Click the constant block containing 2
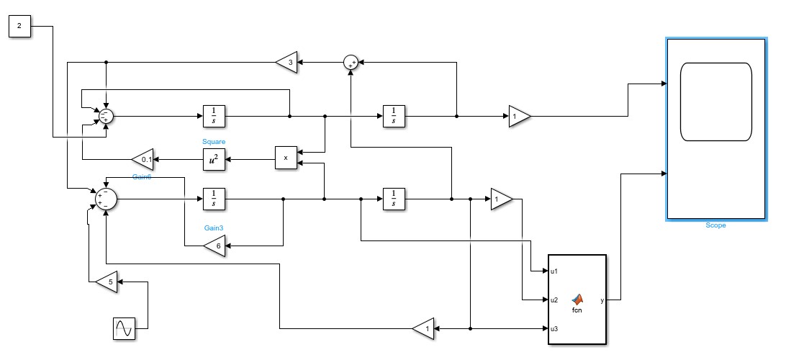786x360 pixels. point(19,27)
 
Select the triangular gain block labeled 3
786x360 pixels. point(287,63)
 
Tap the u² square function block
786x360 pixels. point(214,158)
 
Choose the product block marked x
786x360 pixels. point(286,158)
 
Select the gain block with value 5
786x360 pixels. point(108,282)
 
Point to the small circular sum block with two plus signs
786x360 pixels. point(351,63)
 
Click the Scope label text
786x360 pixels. point(715,225)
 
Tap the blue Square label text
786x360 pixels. point(214,142)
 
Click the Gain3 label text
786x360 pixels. point(214,228)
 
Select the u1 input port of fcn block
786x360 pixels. point(554,271)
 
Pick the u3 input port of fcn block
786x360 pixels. point(554,329)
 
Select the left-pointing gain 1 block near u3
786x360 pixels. point(425,329)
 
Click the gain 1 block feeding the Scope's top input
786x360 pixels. point(518,115)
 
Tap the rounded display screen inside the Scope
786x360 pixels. point(715,102)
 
